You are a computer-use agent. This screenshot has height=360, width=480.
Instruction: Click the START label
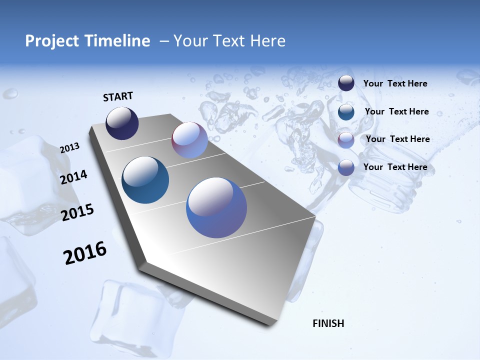click(x=118, y=96)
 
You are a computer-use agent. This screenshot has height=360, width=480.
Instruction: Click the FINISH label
click(x=328, y=323)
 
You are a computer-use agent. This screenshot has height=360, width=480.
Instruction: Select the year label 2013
click(x=69, y=148)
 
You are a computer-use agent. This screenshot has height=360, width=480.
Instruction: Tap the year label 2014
click(x=73, y=177)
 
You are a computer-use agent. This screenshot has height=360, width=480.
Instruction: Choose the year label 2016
click(x=85, y=253)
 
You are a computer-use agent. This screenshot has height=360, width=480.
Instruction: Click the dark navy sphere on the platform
click(x=122, y=123)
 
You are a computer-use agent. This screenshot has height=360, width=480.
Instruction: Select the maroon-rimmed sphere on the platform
click(x=189, y=140)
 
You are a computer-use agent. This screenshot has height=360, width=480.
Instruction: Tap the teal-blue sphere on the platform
click(x=145, y=180)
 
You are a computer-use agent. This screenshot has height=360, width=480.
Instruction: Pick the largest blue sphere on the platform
click(x=216, y=207)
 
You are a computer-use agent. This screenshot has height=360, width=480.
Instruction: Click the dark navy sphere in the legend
click(x=346, y=83)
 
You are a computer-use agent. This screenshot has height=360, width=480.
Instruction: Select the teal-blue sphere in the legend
click(x=346, y=111)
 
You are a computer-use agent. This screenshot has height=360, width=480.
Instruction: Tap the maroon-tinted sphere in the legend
click(x=346, y=140)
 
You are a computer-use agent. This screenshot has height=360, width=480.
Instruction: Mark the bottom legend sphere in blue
click(x=346, y=167)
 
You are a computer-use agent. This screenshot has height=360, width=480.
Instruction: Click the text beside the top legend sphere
click(x=395, y=83)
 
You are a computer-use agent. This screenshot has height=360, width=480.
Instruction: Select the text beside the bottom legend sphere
click(x=395, y=167)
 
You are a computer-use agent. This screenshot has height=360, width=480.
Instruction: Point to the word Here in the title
click(x=267, y=41)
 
